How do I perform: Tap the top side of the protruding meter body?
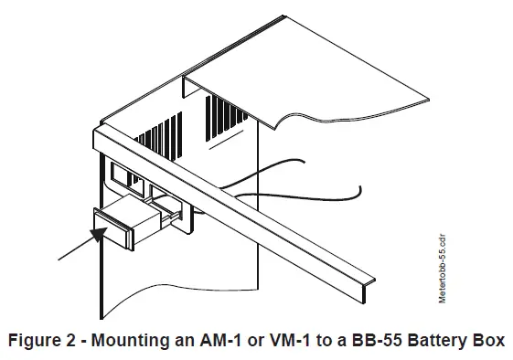pyautogui.click(x=137, y=208)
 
